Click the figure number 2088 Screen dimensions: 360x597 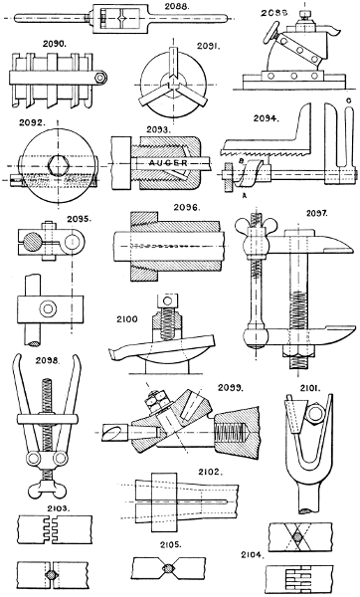click(177, 6)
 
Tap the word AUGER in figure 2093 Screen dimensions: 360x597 click(168, 163)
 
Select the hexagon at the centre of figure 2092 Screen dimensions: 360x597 click(58, 165)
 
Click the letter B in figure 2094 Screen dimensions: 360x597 click(241, 161)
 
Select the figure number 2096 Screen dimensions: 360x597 click(187, 208)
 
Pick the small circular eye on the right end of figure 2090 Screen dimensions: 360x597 click(100, 78)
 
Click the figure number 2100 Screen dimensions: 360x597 click(127, 319)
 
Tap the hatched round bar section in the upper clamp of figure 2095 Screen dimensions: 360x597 click(32, 241)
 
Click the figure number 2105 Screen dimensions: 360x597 click(169, 544)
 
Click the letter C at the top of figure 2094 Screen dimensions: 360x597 click(349, 100)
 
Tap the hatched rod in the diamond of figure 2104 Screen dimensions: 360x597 click(296, 537)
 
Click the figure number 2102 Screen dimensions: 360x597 click(211, 472)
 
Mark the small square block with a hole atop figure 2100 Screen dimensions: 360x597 click(167, 301)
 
